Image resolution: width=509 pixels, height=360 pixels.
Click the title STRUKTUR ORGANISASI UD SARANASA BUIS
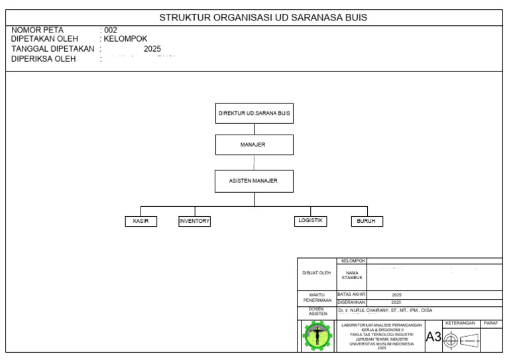(263, 18)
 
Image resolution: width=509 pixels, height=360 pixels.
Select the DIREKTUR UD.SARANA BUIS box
(254, 113)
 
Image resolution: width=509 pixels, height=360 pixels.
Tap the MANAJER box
(254, 145)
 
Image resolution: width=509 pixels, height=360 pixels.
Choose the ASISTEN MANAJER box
(254, 181)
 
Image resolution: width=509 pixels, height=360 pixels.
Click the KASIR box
(141, 221)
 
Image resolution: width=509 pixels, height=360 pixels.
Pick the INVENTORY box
(194, 221)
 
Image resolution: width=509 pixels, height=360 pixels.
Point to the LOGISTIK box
(311, 221)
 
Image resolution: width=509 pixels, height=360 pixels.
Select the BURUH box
(367, 221)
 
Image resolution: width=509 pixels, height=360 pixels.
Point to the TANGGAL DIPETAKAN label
(53, 48)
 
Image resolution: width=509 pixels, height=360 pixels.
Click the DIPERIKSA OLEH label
(44, 58)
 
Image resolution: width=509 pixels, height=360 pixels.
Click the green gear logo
(317, 336)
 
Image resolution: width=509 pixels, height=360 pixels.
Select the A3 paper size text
(433, 337)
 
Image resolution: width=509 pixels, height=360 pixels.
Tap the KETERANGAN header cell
(462, 323)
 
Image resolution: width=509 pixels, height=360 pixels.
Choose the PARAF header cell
(491, 323)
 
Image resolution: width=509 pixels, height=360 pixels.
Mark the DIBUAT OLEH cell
(317, 272)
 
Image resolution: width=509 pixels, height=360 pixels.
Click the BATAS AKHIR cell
(351, 294)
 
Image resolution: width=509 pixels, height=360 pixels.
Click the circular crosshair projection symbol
(451, 340)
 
